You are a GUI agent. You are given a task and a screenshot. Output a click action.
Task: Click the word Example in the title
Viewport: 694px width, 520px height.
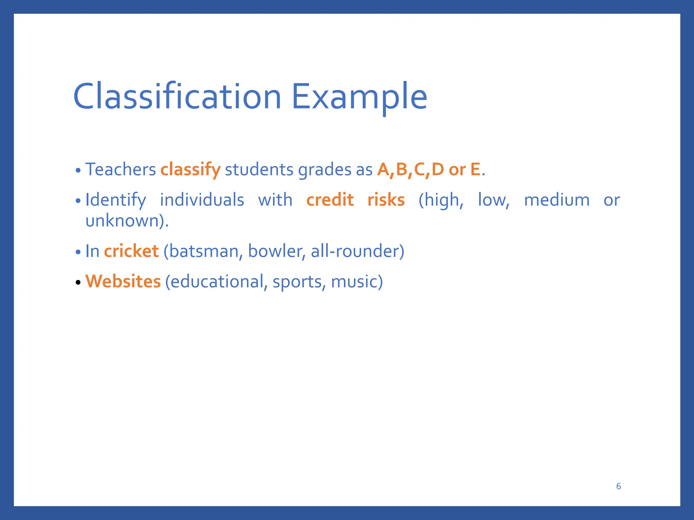click(x=359, y=97)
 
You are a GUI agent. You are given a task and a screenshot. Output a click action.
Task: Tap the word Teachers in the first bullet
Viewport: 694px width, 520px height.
click(x=120, y=169)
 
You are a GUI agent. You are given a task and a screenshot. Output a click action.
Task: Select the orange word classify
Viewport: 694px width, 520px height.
click(x=190, y=170)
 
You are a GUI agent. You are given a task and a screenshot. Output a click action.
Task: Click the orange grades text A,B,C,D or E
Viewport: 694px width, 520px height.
click(x=429, y=169)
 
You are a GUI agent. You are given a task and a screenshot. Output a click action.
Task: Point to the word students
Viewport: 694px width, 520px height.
click(x=259, y=169)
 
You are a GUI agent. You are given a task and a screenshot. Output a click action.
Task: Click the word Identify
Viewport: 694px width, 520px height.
click(x=116, y=200)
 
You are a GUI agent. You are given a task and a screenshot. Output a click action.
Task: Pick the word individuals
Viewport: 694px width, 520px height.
click(x=202, y=200)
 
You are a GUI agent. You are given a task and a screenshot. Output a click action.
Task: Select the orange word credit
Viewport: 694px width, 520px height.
click(x=330, y=200)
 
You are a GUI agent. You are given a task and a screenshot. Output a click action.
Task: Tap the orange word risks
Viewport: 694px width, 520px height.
click(x=386, y=200)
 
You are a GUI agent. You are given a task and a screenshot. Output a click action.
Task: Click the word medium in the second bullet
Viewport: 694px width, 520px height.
click(x=557, y=200)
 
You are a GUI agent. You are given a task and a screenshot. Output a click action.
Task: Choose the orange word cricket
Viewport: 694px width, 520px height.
click(x=131, y=251)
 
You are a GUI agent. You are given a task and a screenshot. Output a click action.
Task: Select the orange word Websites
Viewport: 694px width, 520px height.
click(x=123, y=281)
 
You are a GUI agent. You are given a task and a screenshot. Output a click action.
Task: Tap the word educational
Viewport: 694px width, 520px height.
click(x=217, y=282)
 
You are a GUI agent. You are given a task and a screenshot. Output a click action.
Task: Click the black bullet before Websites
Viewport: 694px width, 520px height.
click(x=78, y=282)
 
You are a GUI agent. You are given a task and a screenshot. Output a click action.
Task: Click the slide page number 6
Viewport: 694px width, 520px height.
click(x=618, y=486)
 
